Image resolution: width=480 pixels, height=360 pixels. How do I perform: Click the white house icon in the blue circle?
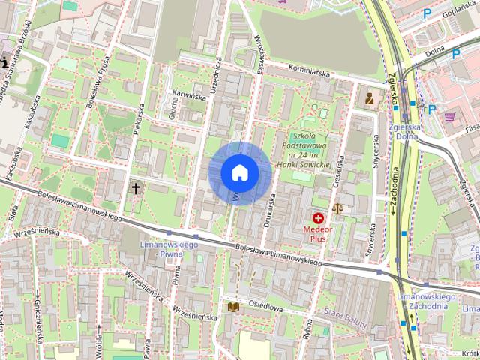point(239,173)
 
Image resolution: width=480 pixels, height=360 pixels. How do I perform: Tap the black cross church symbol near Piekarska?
point(136,187)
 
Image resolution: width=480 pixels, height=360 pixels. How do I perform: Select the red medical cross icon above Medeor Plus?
point(319,218)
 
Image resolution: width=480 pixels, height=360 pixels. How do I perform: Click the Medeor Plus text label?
point(319,232)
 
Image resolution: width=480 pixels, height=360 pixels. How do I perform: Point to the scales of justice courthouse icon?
point(337,208)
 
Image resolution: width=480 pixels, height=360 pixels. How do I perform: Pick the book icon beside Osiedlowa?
point(232,307)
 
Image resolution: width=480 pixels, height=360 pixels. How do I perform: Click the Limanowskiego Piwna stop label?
point(169,250)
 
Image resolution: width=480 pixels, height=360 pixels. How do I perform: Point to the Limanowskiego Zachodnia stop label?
point(426,302)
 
